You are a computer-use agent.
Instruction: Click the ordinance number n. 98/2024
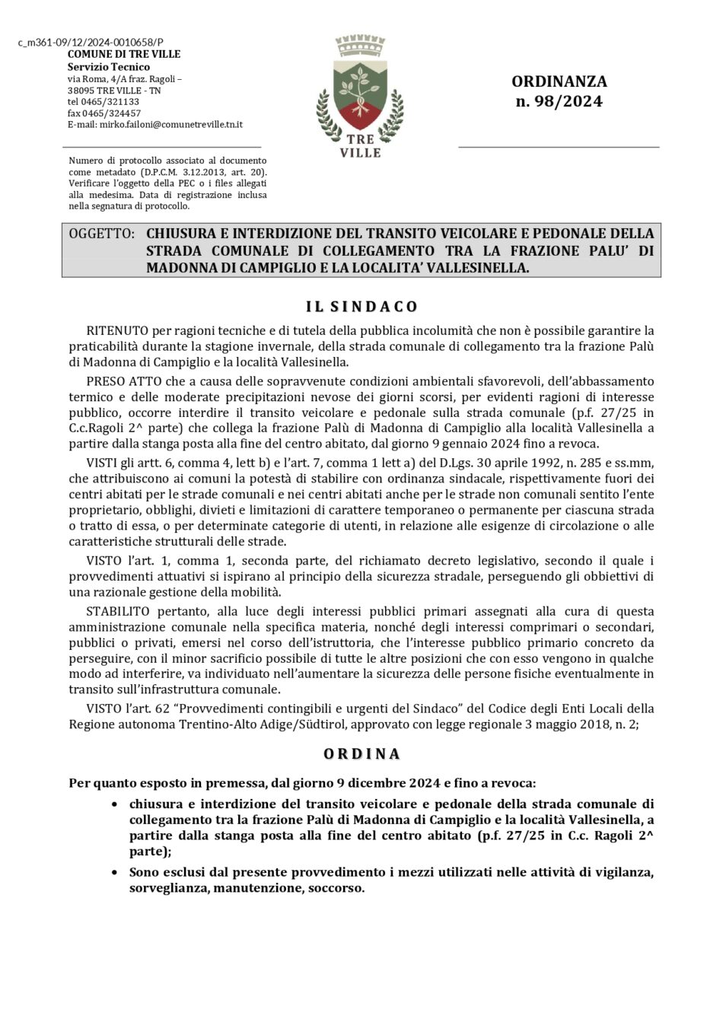[x=559, y=101]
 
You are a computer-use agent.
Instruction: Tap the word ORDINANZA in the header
[x=559, y=81]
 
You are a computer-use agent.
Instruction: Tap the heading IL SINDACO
[x=361, y=307]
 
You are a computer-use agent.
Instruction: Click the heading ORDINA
[x=361, y=754]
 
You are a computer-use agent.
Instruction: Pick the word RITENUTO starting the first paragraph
[x=117, y=331]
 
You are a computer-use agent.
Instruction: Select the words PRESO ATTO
[x=123, y=380]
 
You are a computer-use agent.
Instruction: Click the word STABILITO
[x=120, y=611]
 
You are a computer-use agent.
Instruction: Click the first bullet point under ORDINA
[x=114, y=804]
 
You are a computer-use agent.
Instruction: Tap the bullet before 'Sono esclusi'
[x=114, y=873]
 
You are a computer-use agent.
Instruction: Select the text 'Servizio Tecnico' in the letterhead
[x=108, y=67]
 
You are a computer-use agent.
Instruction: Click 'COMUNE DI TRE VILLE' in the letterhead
[x=124, y=54]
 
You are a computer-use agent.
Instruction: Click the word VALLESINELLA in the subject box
[x=473, y=269]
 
